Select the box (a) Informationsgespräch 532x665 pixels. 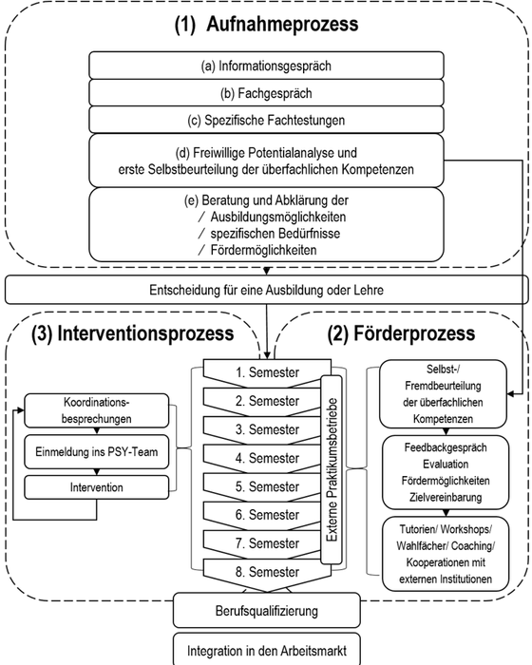click(266, 66)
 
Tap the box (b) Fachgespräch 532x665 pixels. click(266, 93)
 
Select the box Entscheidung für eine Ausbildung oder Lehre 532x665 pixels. click(266, 289)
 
